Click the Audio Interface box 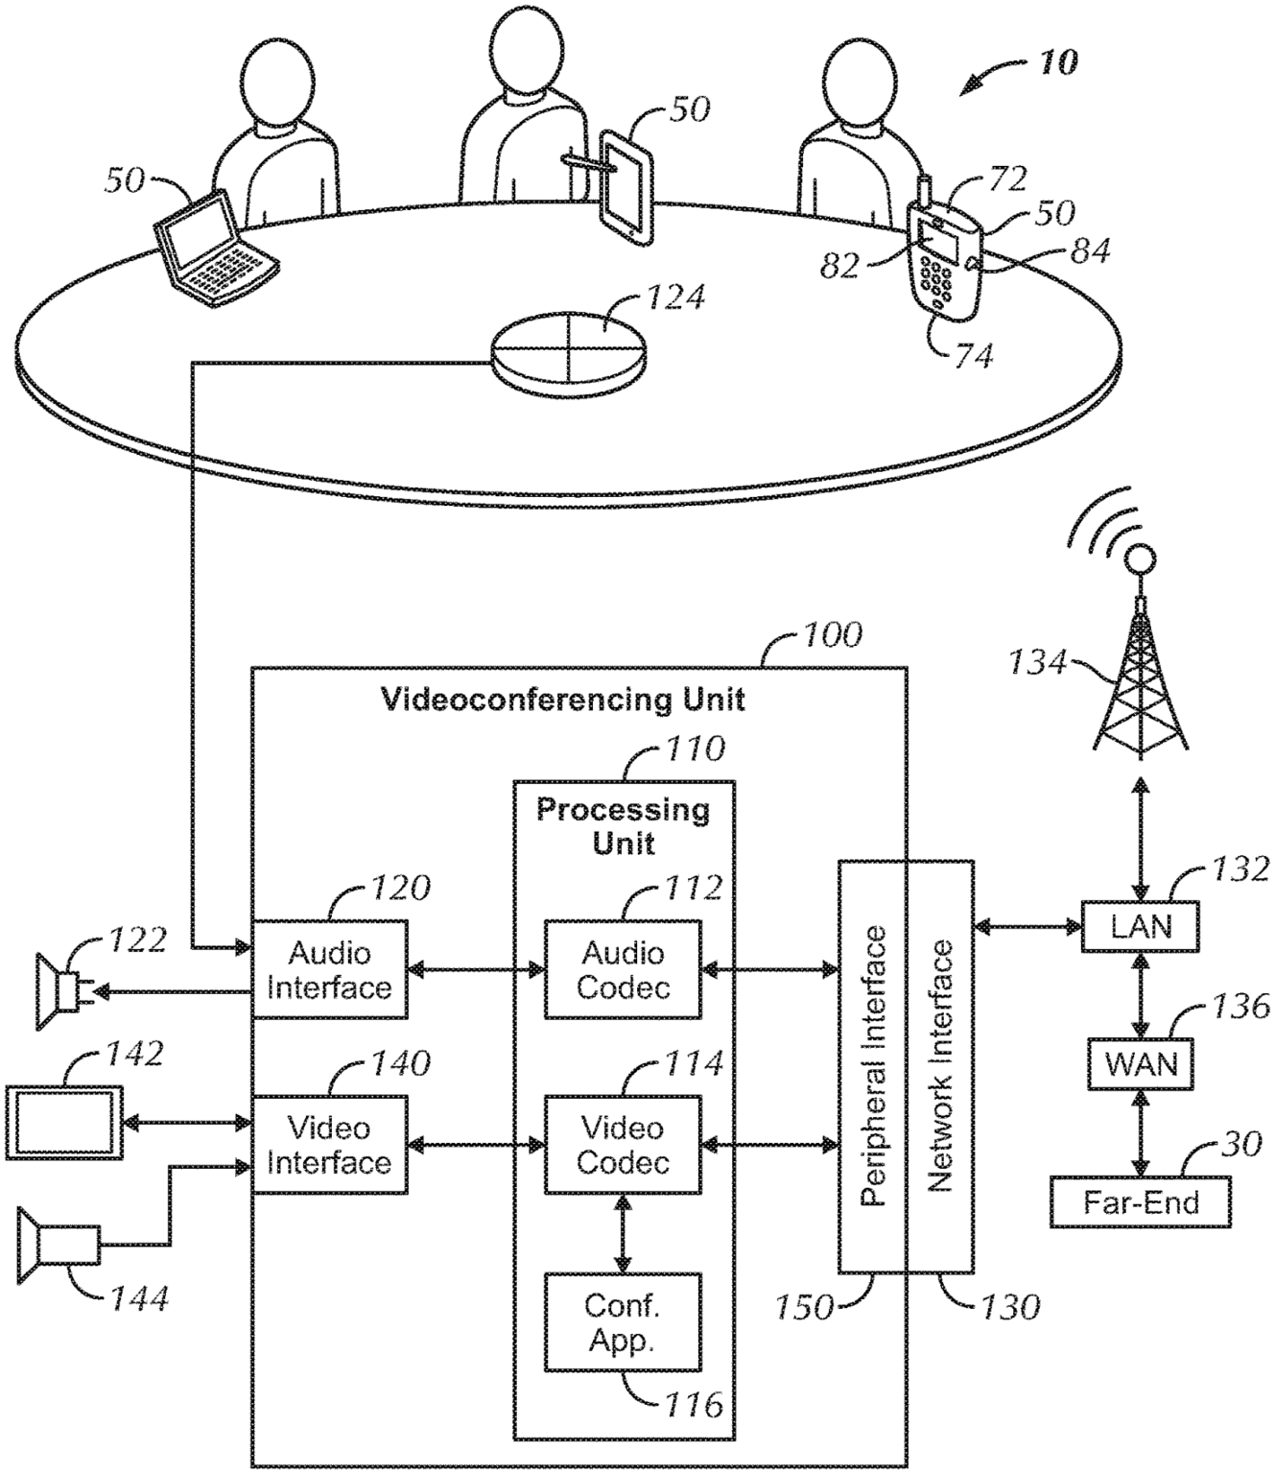coord(329,969)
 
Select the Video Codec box coord(623,1145)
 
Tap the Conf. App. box coord(623,1321)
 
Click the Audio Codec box coord(623,969)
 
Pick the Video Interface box coord(329,1145)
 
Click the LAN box coord(1140,926)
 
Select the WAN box coord(1140,1063)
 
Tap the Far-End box coord(1140,1201)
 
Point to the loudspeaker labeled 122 coord(58,991)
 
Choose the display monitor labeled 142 coord(64,1121)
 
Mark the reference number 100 coord(834,634)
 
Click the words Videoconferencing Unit coord(563,699)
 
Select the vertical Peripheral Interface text coord(872,1065)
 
